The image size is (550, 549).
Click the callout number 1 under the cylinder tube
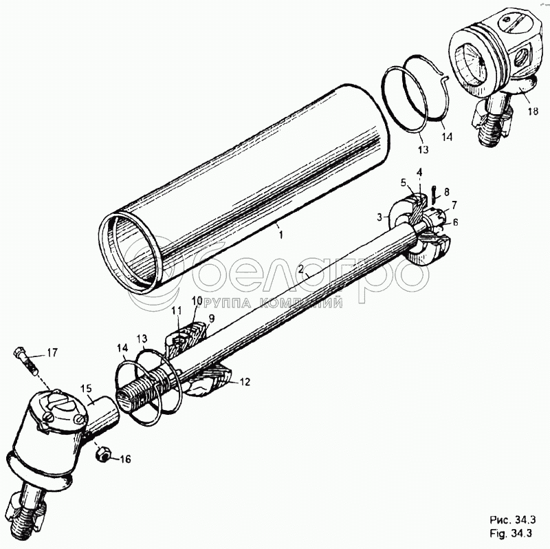(x=280, y=235)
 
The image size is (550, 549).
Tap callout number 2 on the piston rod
(x=300, y=269)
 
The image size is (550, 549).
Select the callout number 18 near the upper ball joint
(x=532, y=111)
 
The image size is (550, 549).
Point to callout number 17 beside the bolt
(x=52, y=352)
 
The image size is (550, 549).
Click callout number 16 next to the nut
(x=125, y=459)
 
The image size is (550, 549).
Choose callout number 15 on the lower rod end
(x=86, y=389)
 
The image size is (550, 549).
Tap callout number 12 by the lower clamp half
(x=245, y=382)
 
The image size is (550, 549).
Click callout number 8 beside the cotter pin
(x=446, y=192)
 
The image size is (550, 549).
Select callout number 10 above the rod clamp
(x=197, y=301)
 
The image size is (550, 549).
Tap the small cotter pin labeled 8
(x=434, y=194)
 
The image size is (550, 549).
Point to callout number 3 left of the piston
(x=379, y=217)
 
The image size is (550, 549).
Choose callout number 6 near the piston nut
(x=455, y=222)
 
